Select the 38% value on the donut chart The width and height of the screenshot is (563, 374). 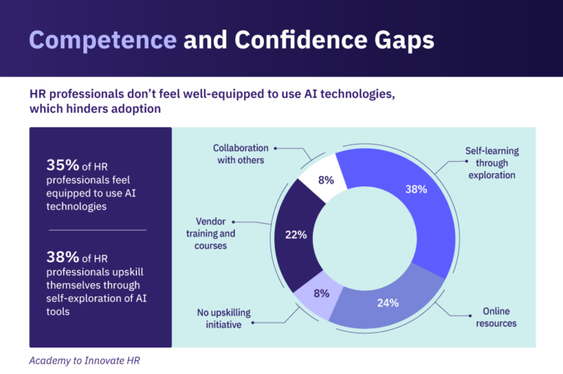tap(416, 188)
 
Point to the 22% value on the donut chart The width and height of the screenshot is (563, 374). tap(295, 235)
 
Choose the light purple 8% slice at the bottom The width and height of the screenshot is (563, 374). tap(321, 293)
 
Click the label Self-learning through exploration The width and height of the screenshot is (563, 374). tap(490, 163)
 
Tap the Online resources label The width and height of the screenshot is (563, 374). tap(496, 318)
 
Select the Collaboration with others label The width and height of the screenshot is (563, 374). tap(243, 154)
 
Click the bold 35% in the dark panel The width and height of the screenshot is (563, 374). tap(62, 165)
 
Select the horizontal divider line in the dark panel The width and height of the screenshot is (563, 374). tap(97, 230)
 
